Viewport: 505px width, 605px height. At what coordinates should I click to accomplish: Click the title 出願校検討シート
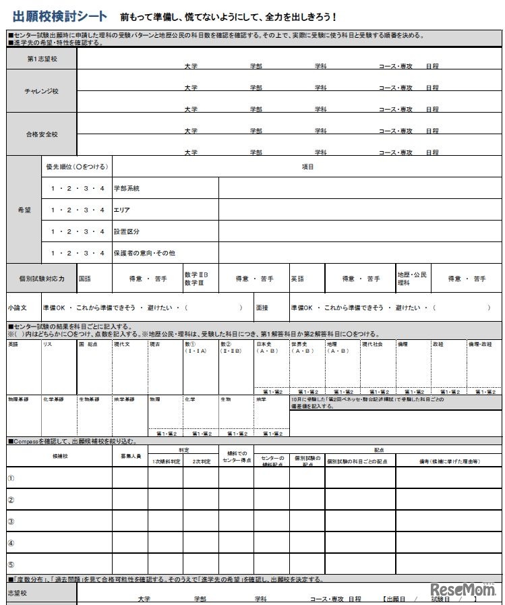60,17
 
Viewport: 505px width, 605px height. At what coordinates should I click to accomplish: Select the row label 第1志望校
42,59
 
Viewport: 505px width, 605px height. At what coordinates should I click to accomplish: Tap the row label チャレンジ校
42,91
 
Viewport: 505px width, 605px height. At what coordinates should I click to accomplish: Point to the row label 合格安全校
42,134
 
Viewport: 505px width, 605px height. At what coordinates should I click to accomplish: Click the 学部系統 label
127,188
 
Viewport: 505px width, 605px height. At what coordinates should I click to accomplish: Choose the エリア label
122,210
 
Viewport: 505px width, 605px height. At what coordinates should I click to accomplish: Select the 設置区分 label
127,231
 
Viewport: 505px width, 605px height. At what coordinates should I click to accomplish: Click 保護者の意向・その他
144,253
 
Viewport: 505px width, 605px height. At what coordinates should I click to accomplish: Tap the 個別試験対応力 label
42,278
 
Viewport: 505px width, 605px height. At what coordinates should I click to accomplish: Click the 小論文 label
18,308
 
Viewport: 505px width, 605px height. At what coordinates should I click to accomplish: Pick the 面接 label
262,308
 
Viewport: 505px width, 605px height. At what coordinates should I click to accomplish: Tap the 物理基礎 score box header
18,399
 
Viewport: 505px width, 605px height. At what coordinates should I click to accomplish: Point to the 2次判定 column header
202,462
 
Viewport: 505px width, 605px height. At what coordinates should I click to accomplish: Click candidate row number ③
11,521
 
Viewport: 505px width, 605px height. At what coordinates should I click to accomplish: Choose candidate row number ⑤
11,565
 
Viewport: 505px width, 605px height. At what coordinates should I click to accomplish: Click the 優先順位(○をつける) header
77,167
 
